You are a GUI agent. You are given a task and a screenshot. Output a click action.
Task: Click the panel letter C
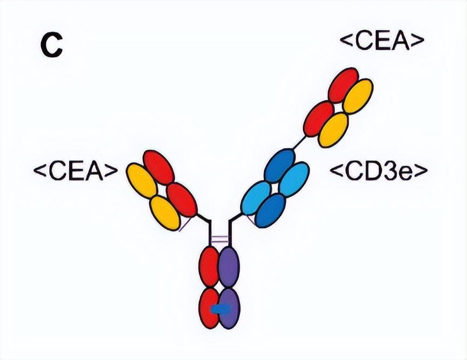point(52,46)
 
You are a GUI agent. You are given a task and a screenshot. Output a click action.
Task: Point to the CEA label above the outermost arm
point(381,41)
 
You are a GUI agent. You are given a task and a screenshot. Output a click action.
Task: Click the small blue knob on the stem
point(220,309)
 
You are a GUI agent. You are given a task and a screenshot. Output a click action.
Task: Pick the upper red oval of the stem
point(210,265)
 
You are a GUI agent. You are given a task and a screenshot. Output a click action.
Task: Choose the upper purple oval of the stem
point(228,265)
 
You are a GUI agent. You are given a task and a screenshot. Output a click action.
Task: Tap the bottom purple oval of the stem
point(229,308)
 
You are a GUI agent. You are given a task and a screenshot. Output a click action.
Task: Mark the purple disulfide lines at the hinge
point(219,238)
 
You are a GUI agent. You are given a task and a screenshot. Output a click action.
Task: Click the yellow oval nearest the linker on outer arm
point(333,130)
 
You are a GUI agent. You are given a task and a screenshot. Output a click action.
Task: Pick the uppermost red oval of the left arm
point(158,168)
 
